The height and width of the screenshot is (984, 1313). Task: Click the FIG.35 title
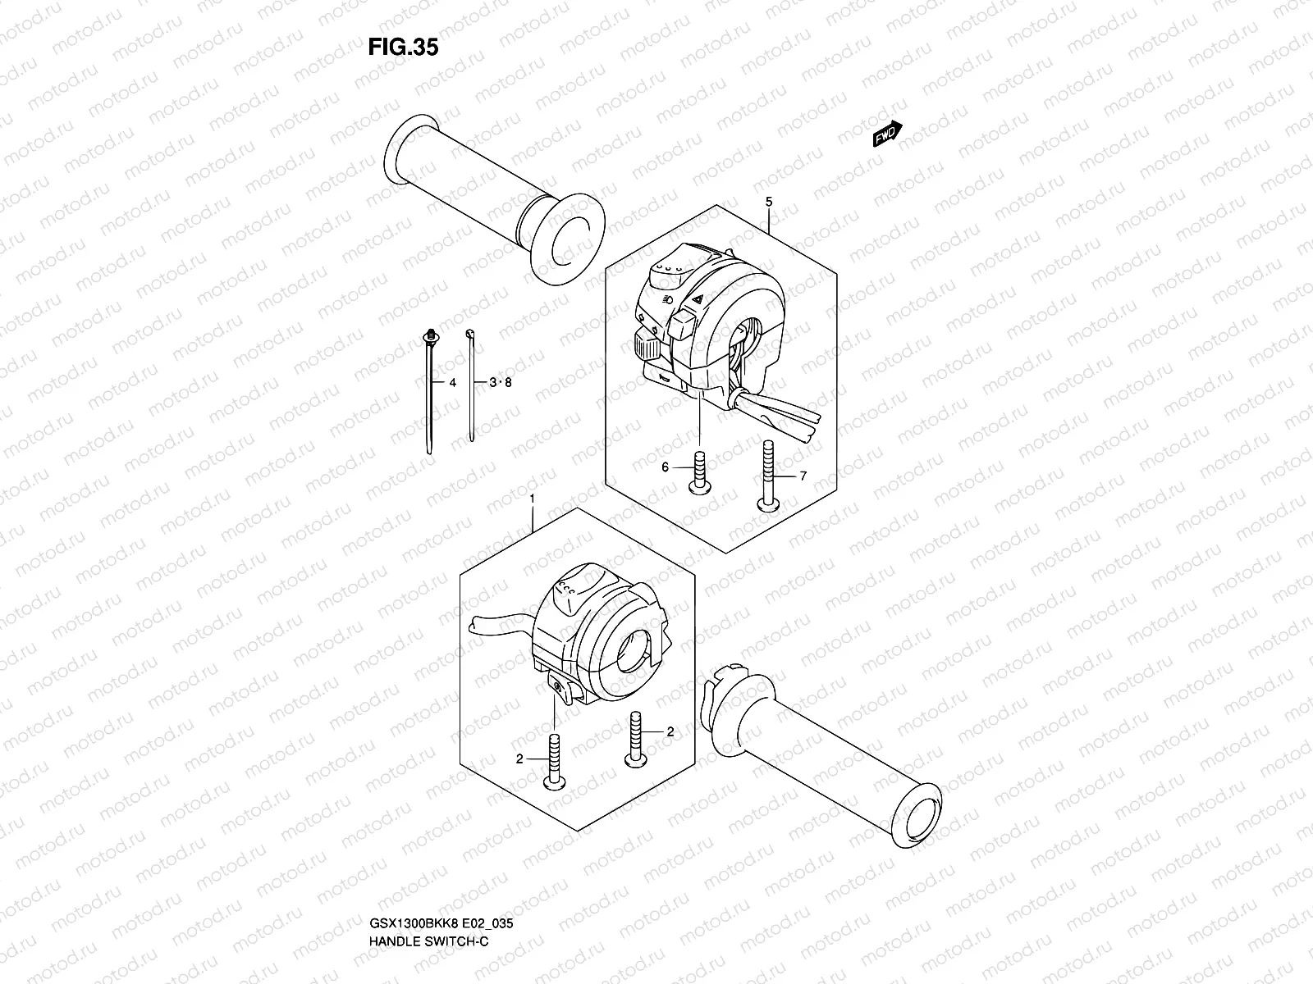click(x=402, y=48)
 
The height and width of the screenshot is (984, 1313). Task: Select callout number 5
click(x=769, y=201)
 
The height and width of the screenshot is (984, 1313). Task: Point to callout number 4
click(x=451, y=383)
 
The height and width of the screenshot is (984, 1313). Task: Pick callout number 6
click(x=666, y=467)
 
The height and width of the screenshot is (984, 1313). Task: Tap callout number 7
click(x=803, y=476)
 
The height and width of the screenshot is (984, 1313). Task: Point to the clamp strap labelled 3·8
click(x=471, y=385)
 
